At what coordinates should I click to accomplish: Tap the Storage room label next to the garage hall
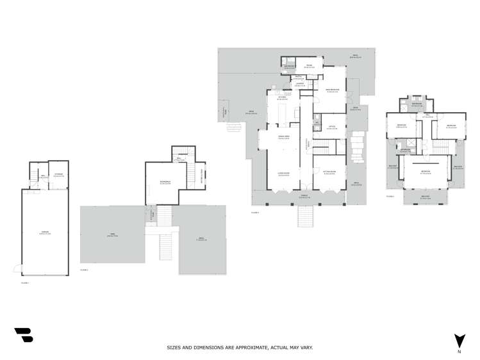(x=58, y=175)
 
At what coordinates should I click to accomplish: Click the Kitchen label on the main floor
(x=281, y=99)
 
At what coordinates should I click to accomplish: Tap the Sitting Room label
(x=330, y=173)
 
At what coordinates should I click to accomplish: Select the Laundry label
(x=300, y=84)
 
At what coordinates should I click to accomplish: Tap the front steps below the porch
(x=305, y=217)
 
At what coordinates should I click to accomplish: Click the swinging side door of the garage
(x=17, y=266)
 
